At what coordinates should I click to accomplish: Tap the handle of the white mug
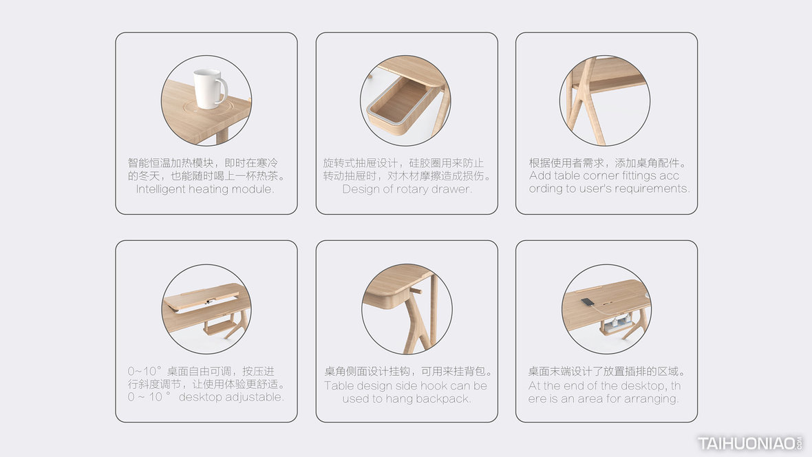point(223,89)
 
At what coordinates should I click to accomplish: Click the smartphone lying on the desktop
point(588,302)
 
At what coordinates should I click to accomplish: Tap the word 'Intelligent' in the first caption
point(160,189)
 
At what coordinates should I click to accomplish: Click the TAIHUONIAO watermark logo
point(749,443)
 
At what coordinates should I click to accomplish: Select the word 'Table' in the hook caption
point(339,386)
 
